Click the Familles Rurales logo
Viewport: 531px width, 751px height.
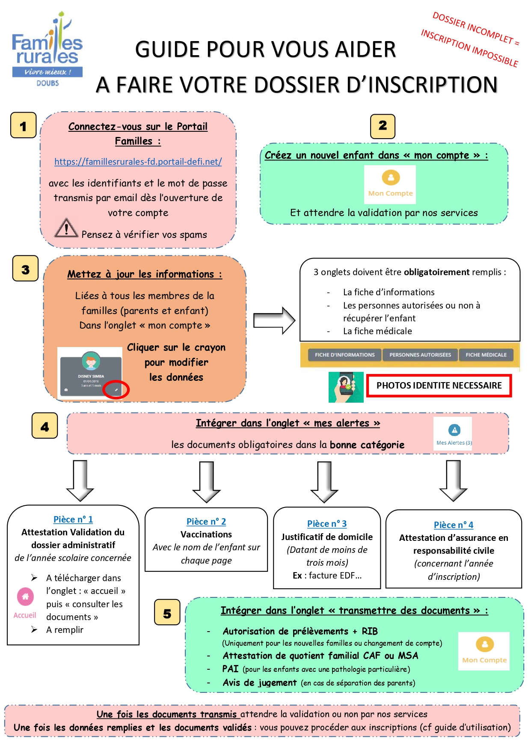[47, 49]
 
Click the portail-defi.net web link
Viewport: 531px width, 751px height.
[138, 162]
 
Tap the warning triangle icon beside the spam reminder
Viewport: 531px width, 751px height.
[66, 228]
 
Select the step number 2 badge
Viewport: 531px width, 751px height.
[383, 126]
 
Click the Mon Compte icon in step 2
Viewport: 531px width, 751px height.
[390, 184]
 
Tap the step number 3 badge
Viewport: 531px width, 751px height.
[26, 269]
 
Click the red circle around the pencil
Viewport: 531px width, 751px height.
[116, 389]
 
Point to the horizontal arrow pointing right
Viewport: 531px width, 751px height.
[274, 321]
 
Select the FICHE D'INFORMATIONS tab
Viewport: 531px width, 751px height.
[344, 355]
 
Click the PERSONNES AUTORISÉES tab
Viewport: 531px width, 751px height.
[420, 355]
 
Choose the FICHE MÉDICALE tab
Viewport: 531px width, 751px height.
[486, 355]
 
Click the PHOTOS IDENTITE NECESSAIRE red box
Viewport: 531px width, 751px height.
[439, 386]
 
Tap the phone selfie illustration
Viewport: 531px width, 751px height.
[346, 387]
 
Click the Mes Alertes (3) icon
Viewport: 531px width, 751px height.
[454, 433]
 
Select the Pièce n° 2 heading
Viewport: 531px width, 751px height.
[206, 522]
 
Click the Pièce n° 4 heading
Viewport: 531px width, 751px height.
[454, 525]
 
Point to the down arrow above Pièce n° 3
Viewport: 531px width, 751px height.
[324, 481]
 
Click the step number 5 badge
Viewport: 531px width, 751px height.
[167, 614]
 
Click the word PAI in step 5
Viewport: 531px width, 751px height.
[230, 669]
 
